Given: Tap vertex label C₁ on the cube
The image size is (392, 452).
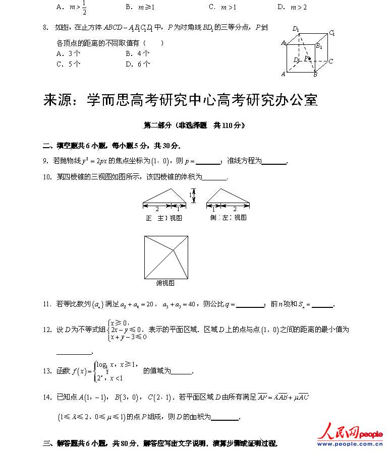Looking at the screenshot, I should pyautogui.click(x=332, y=33).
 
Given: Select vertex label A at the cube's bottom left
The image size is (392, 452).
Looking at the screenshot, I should pyautogui.click(x=284, y=74).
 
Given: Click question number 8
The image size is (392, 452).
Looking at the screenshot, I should pyautogui.click(x=45, y=28).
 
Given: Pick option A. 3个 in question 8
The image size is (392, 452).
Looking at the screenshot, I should pyautogui.click(x=68, y=53).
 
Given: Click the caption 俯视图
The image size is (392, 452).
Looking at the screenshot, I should pyautogui.click(x=165, y=284).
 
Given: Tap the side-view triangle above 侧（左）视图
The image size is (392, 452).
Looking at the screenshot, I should pyautogui.click(x=228, y=197).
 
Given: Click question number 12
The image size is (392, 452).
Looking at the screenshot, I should pyautogui.click(x=47, y=330).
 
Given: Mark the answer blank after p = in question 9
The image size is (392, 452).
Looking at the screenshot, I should pyautogui.click(x=208, y=162).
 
